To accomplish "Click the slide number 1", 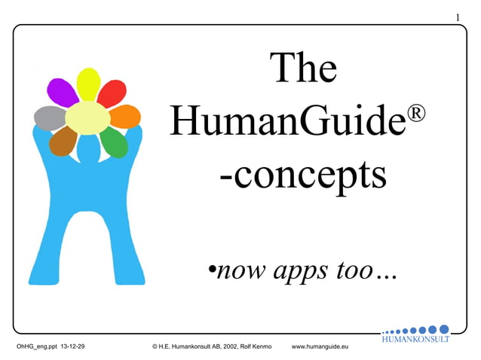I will click(x=458, y=17).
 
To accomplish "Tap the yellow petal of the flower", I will click(x=89, y=84).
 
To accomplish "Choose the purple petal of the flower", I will click(x=63, y=92).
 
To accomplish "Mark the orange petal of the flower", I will click(x=125, y=116).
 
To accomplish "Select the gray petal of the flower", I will click(x=51, y=117).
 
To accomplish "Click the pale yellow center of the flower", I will click(x=87, y=117).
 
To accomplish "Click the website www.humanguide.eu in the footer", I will click(x=320, y=346).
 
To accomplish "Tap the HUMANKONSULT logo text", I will click(x=415, y=339).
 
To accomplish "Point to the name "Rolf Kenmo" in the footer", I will click(x=261, y=346).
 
